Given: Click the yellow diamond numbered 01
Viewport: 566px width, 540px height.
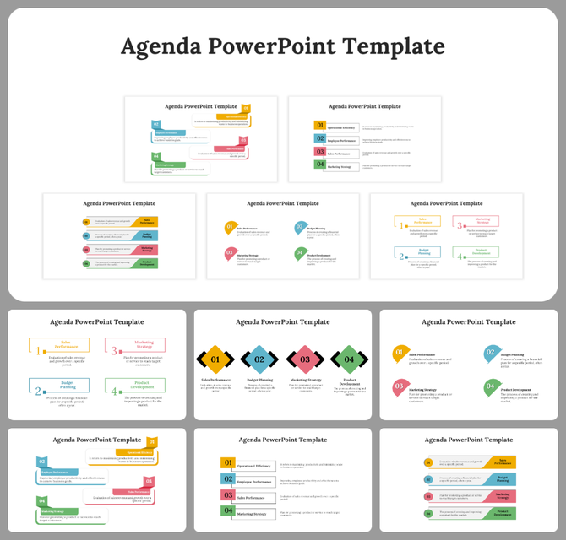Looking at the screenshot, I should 215,359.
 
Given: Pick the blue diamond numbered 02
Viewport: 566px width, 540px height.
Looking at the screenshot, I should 259,359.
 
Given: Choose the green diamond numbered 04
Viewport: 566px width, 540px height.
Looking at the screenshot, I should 348,359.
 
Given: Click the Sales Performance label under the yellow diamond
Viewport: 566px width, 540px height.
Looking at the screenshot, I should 217,381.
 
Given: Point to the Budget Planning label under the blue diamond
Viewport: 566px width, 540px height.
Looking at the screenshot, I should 259,381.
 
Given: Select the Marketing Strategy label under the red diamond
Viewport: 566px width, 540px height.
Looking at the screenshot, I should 305,381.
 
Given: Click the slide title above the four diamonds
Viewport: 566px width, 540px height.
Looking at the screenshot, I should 282,321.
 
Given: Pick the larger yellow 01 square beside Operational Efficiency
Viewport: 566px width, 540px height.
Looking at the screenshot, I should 227,463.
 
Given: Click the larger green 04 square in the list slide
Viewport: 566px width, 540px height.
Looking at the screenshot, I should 227,510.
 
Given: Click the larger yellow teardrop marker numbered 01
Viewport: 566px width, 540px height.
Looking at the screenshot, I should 400,354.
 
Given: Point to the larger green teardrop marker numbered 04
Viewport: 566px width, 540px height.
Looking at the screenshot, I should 490,387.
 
